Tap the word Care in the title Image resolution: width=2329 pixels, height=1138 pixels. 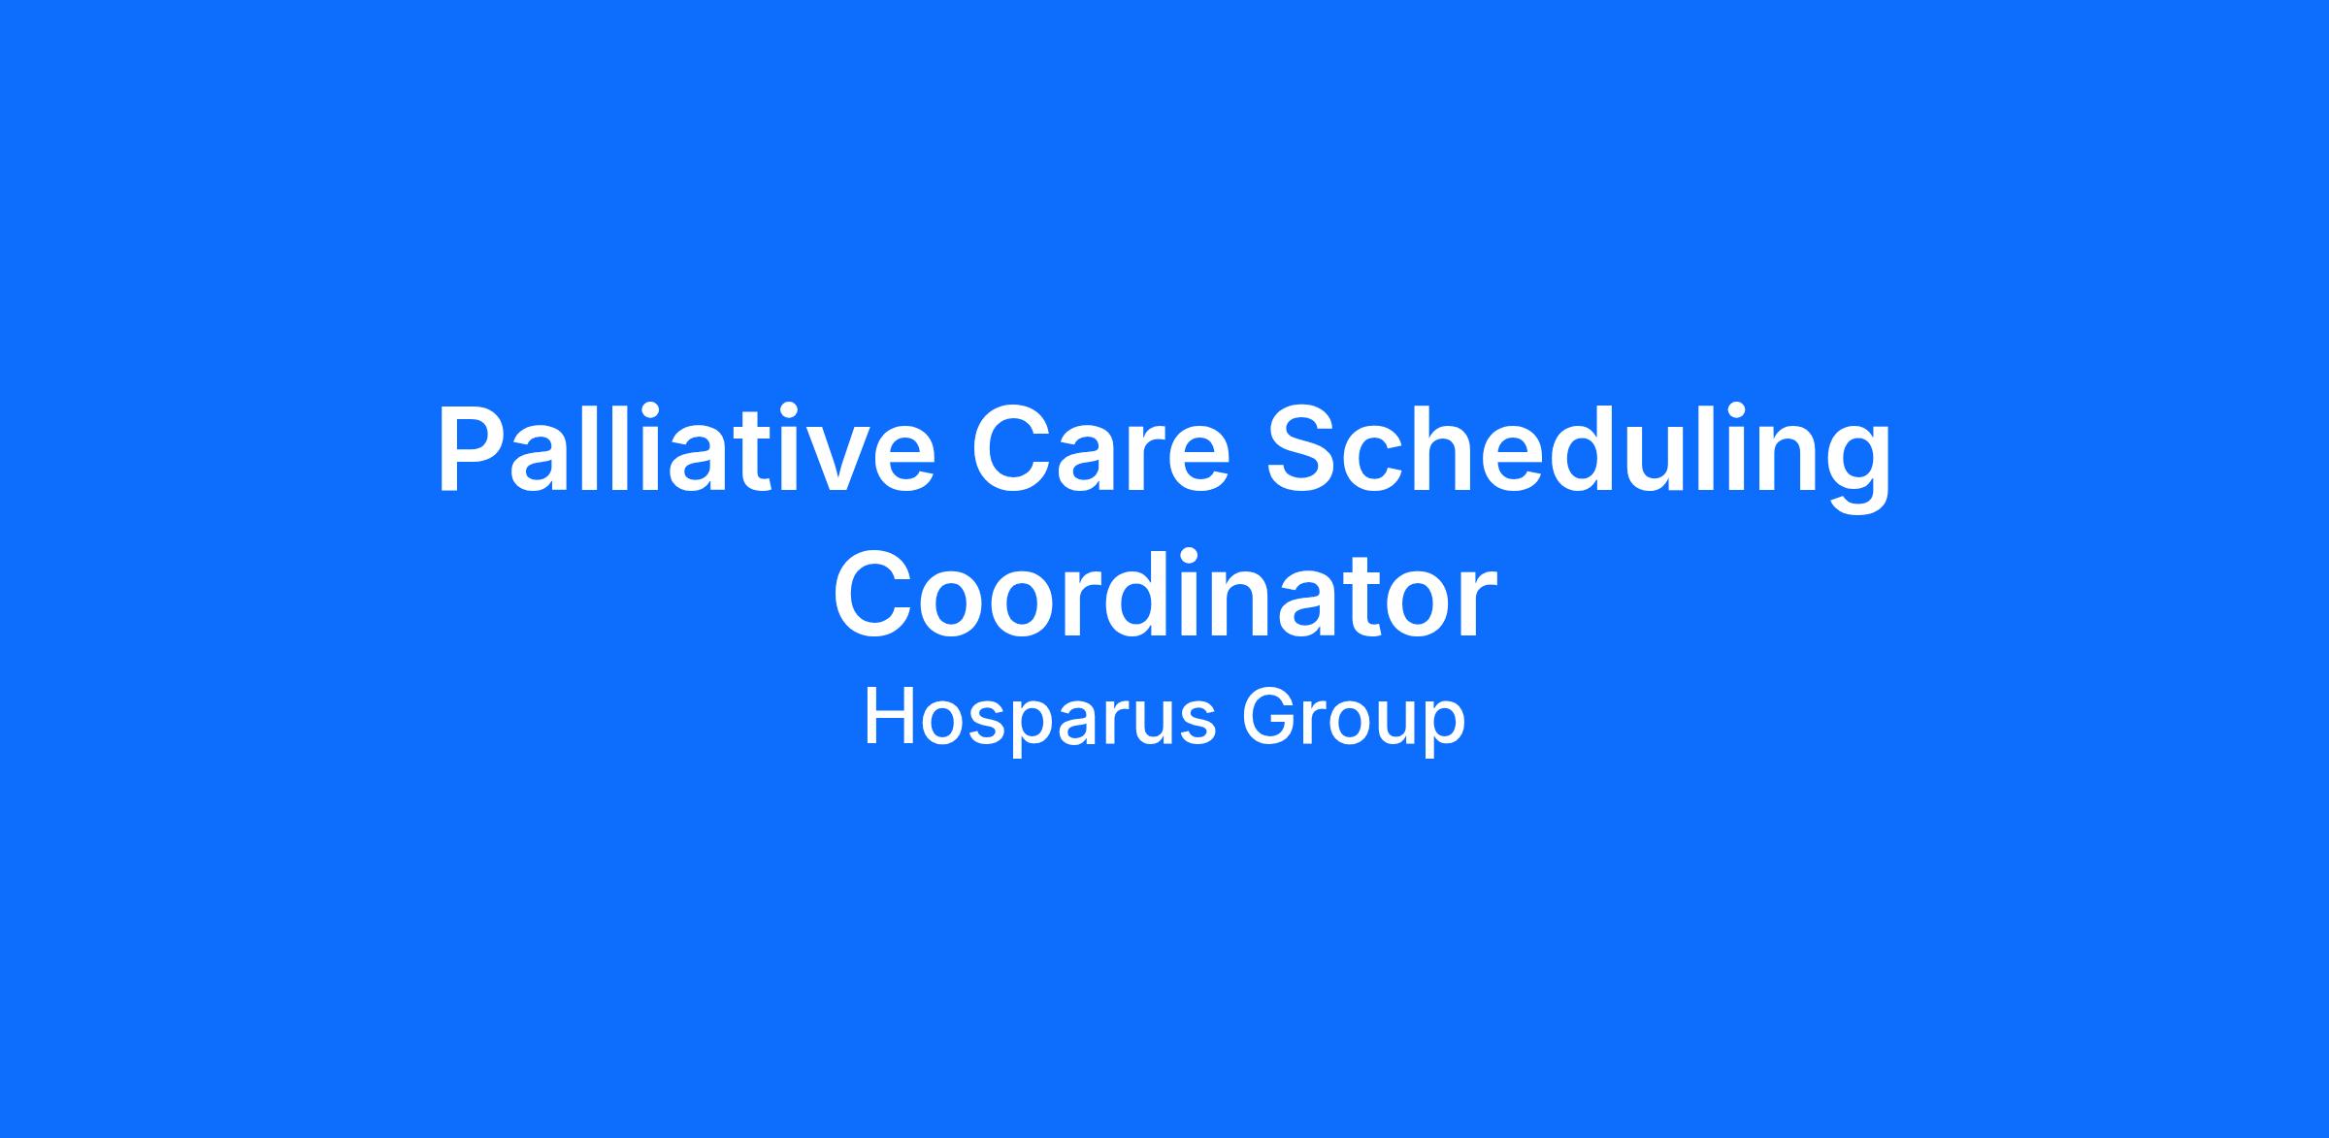(x=1100, y=452)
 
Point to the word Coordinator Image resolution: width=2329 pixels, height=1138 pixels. (x=1164, y=594)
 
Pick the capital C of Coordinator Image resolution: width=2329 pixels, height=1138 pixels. (x=874, y=594)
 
